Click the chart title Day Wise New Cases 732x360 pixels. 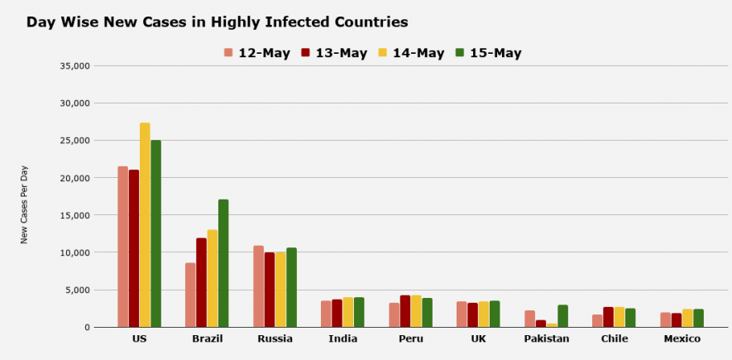click(217, 22)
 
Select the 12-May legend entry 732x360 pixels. click(256, 53)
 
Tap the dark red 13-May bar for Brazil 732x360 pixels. click(201, 282)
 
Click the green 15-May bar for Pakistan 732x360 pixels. click(562, 316)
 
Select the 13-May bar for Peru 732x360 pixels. click(405, 311)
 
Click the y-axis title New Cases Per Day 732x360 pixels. click(25, 204)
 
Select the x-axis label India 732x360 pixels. click(342, 339)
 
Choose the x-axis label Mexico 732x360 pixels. click(682, 339)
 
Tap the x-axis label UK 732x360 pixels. click(478, 339)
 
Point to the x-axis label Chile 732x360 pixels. click(614, 339)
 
